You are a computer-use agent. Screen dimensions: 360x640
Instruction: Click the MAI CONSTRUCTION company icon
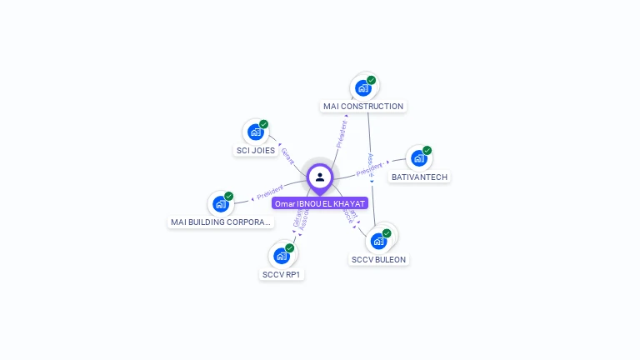point(363,87)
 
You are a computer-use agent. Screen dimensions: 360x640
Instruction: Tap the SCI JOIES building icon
point(256,132)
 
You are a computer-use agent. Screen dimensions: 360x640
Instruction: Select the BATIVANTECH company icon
point(418,158)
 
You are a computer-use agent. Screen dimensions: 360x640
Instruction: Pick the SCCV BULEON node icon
point(379,241)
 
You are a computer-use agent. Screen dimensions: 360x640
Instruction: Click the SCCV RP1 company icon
point(282,255)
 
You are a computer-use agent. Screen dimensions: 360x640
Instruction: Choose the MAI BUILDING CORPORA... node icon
point(220,203)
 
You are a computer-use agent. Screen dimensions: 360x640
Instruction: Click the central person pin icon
point(320,177)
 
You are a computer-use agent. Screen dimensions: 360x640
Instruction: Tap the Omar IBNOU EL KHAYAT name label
point(320,203)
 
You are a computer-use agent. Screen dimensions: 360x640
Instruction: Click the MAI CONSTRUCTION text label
point(363,107)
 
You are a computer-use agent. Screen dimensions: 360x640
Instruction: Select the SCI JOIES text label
point(255,151)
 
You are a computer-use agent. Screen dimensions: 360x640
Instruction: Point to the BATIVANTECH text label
point(419,177)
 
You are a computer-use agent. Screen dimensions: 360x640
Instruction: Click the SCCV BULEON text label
point(379,260)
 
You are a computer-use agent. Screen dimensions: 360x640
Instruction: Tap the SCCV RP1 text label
point(282,274)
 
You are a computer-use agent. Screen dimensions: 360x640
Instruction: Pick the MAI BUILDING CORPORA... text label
point(221,222)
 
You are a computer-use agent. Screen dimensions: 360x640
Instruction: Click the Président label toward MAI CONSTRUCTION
point(342,133)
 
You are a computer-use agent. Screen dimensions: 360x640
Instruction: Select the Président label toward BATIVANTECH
point(370,169)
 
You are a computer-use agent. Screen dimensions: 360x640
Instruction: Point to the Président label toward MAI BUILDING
point(271,191)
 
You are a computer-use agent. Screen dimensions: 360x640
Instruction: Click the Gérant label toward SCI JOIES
point(288,156)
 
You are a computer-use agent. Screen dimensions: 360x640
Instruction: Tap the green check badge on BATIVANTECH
point(427,151)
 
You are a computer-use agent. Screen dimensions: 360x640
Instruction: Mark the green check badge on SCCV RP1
point(289,247)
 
